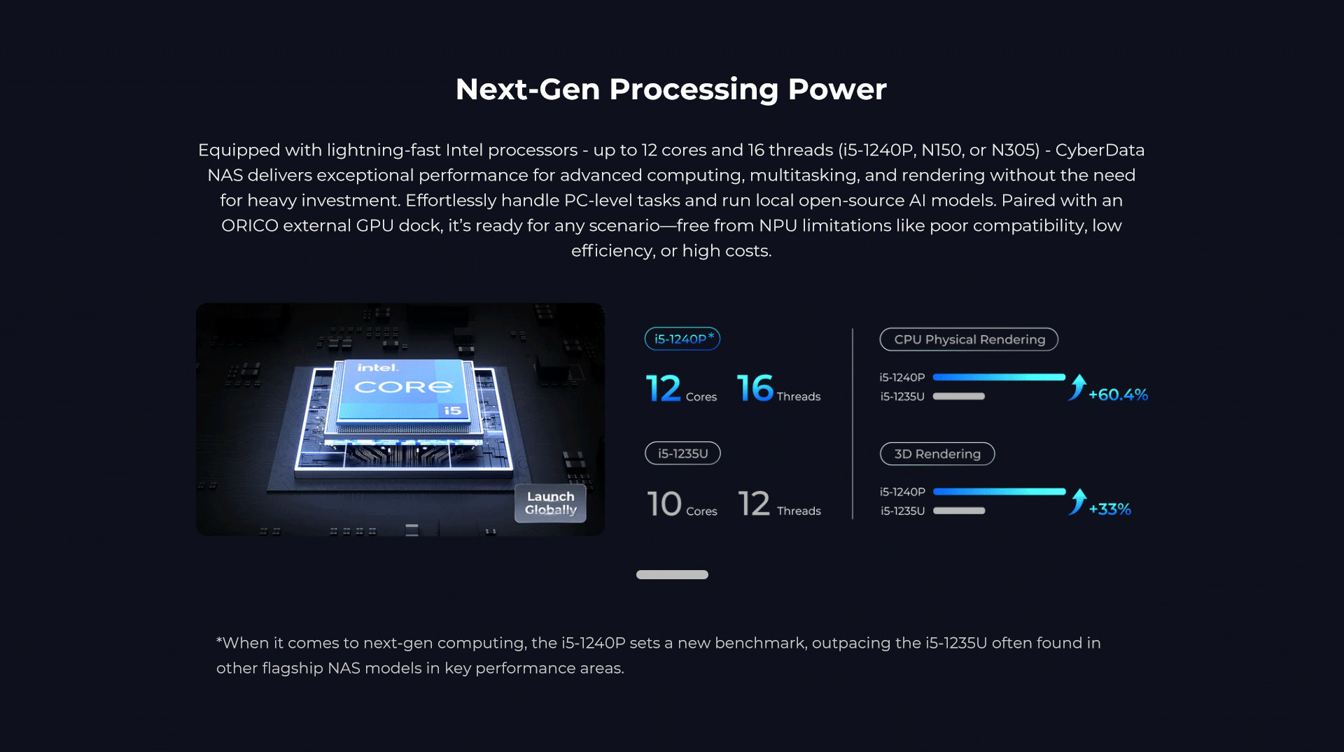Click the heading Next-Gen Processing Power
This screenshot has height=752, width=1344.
pyautogui.click(x=671, y=90)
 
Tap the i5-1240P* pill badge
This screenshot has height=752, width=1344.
pyautogui.click(x=682, y=339)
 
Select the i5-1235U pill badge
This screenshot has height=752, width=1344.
pyautogui.click(x=682, y=453)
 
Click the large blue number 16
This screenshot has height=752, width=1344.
pyautogui.click(x=755, y=388)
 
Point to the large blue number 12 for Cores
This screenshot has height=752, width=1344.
pyautogui.click(x=664, y=388)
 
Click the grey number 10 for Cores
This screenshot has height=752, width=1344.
pyautogui.click(x=664, y=504)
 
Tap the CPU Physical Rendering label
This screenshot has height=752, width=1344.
pyautogui.click(x=969, y=339)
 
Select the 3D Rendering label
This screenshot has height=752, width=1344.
pyautogui.click(x=937, y=454)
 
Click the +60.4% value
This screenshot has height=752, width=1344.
pyautogui.click(x=1118, y=395)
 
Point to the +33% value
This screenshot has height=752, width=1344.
pyautogui.click(x=1109, y=509)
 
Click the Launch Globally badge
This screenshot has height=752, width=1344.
pyautogui.click(x=550, y=503)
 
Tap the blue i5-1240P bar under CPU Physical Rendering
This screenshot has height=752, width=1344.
pyautogui.click(x=999, y=377)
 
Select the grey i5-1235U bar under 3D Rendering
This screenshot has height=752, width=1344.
pyautogui.click(x=959, y=511)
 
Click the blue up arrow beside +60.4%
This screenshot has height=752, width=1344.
pyautogui.click(x=1078, y=387)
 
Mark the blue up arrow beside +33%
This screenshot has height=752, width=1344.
pyautogui.click(x=1078, y=502)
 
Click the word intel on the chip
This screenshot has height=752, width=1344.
pyautogui.click(x=378, y=368)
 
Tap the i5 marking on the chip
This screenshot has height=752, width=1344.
pyautogui.click(x=453, y=411)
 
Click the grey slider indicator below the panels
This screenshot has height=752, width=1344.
pyautogui.click(x=672, y=574)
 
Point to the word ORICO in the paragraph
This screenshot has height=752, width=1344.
pyautogui.click(x=249, y=226)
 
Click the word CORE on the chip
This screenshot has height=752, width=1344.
pyautogui.click(x=403, y=387)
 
